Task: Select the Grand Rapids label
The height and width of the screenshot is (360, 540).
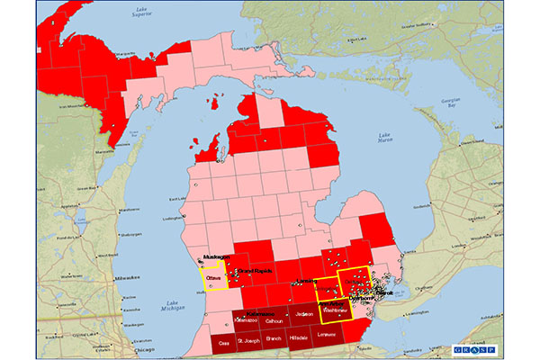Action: pos(255,271)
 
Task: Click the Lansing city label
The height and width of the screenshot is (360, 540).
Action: pos(305,283)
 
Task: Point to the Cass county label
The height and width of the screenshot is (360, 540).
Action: pos(224,343)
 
